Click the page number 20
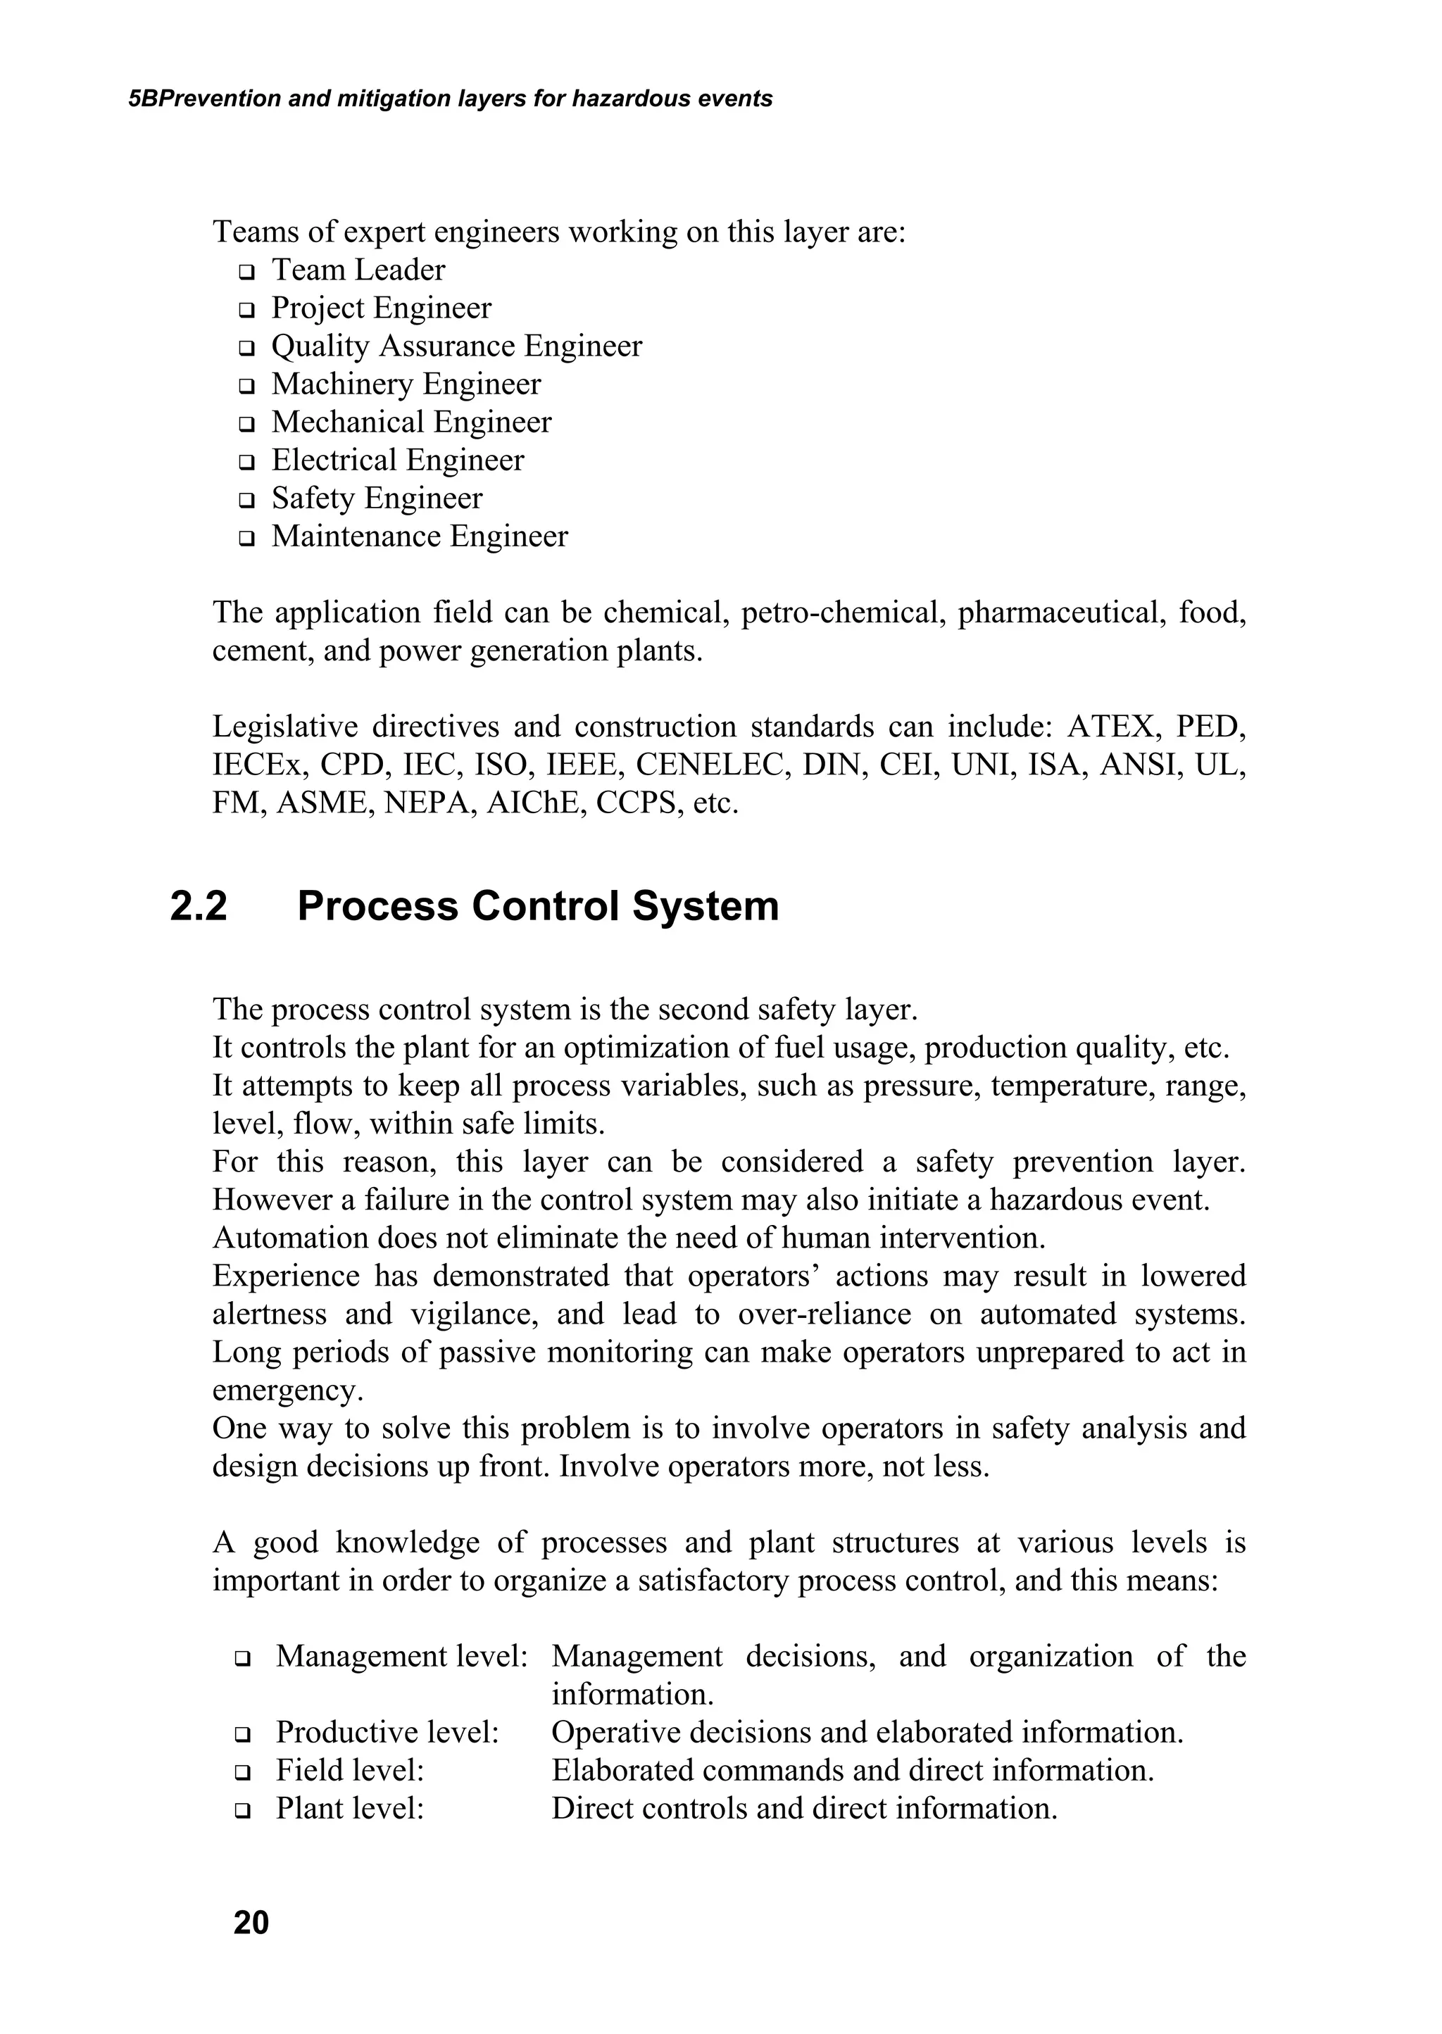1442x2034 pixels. click(251, 1922)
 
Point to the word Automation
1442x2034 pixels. click(289, 1238)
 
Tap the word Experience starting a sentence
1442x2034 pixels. click(286, 1276)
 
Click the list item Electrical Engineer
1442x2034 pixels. click(397, 460)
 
